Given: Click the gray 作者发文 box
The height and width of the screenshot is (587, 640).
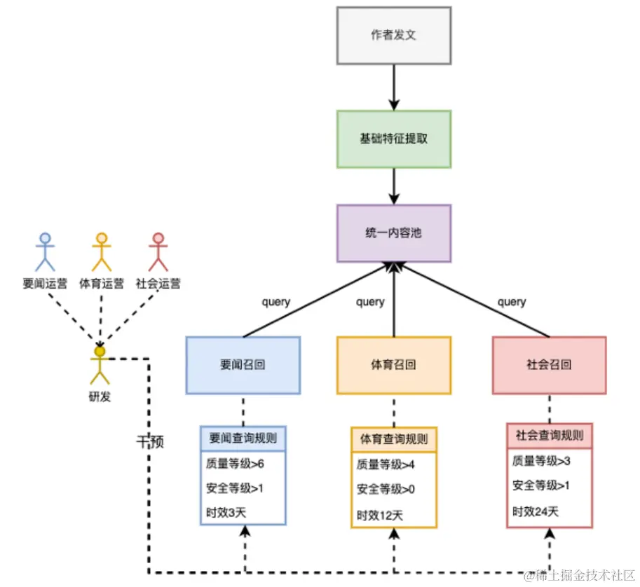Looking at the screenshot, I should click(x=393, y=35).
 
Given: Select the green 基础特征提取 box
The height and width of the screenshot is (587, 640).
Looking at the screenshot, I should click(x=393, y=139).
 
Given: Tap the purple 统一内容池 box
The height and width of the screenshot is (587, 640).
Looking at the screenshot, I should click(x=393, y=233).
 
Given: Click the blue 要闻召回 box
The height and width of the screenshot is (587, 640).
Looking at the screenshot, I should click(x=243, y=365).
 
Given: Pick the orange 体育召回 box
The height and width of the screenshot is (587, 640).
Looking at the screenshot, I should click(x=393, y=365).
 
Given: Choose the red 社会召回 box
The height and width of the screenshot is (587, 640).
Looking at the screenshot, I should click(x=549, y=365).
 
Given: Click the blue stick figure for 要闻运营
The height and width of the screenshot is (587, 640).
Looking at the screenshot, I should click(x=46, y=252).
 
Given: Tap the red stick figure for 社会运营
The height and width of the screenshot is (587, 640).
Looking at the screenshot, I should click(x=158, y=252).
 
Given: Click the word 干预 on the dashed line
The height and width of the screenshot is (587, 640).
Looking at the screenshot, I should click(x=151, y=442).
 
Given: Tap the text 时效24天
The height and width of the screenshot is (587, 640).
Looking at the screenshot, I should click(x=536, y=511).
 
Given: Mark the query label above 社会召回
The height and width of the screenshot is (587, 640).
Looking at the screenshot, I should click(x=511, y=302).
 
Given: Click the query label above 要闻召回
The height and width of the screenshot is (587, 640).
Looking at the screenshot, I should click(x=276, y=302).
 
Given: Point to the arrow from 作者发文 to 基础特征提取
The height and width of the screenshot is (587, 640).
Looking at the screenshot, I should click(x=393, y=87).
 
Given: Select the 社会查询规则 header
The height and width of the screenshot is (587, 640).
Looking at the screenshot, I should click(x=549, y=435).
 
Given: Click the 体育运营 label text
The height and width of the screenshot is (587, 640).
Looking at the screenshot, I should click(x=102, y=284).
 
